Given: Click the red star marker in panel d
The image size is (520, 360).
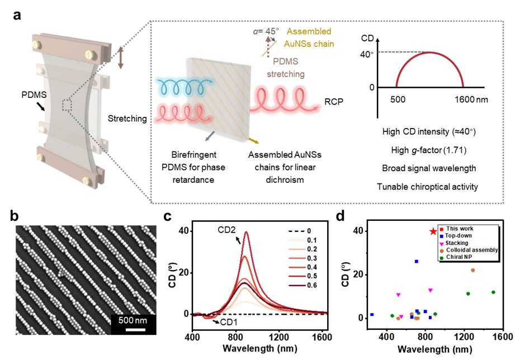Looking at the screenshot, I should point(433,231).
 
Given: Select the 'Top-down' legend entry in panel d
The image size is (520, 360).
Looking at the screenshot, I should point(457,236).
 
